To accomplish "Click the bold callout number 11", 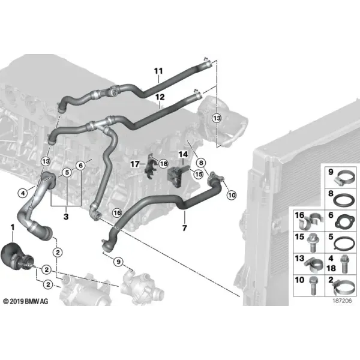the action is click(x=158, y=71).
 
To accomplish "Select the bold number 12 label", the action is click(x=160, y=97).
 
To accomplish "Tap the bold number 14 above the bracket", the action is click(x=183, y=154).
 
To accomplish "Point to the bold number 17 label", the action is click(x=135, y=164).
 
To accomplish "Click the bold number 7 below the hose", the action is click(x=184, y=228).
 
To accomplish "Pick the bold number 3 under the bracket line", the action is click(x=66, y=216).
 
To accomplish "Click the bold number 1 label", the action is click(x=13, y=227).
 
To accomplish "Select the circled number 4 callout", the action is click(x=23, y=193).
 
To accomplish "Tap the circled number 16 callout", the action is click(x=118, y=213).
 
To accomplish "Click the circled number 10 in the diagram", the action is click(x=232, y=195).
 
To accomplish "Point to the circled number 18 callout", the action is click(x=163, y=164).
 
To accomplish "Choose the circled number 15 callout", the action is click(x=199, y=174).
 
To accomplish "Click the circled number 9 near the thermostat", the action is click(x=118, y=262).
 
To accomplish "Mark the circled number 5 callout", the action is click(x=67, y=172).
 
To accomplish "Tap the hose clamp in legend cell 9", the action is click(x=343, y=179).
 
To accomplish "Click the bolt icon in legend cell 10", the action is click(x=313, y=286).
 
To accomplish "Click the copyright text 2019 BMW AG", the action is click(x=26, y=301).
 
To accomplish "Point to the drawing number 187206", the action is click(x=342, y=301).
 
